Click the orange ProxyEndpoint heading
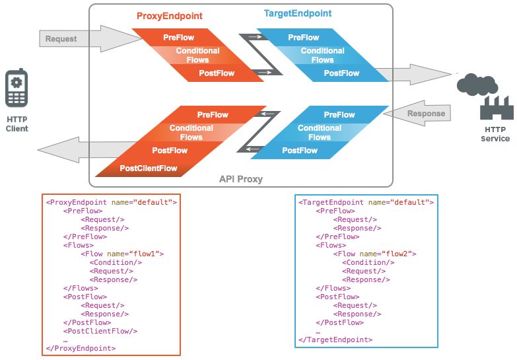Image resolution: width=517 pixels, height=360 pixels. (x=169, y=15)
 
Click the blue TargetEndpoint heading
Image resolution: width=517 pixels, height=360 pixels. (x=297, y=13)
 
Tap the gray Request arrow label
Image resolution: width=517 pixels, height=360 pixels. (x=61, y=39)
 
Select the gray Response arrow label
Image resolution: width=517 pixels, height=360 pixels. (x=426, y=113)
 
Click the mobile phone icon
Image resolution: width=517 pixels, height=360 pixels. (x=17, y=89)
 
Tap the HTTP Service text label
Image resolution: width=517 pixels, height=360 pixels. (x=497, y=134)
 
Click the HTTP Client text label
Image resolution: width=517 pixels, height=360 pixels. (x=17, y=124)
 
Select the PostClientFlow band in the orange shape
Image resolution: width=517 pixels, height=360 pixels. (x=149, y=168)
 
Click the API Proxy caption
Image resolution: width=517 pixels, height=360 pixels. (x=241, y=179)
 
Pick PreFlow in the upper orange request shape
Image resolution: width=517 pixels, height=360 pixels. (x=179, y=38)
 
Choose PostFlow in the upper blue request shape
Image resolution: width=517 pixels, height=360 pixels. (x=341, y=73)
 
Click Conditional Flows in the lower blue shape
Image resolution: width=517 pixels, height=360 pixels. (x=319, y=133)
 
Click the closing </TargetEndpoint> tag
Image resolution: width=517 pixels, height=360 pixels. (x=335, y=340)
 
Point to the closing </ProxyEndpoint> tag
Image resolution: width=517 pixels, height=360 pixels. (x=81, y=348)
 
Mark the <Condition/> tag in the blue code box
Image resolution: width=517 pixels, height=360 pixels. (x=368, y=262)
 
